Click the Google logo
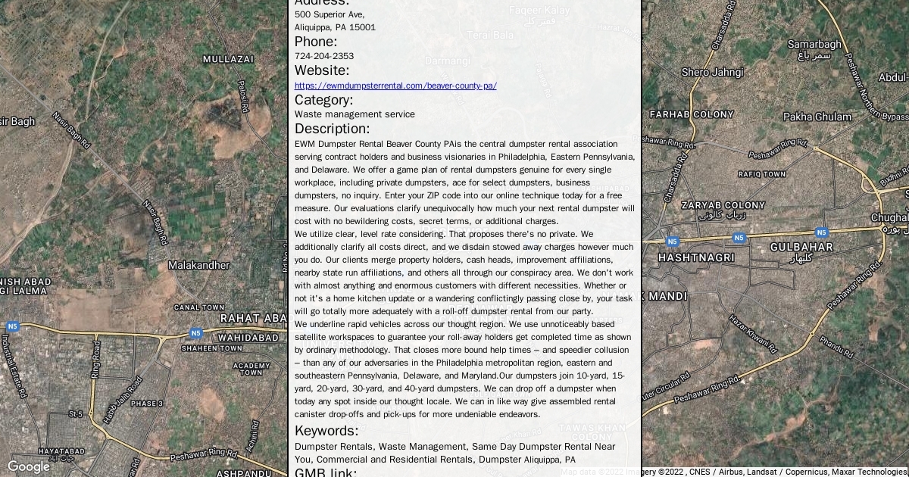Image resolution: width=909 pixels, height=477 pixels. [x=28, y=466]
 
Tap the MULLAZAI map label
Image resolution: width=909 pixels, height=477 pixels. [x=228, y=58]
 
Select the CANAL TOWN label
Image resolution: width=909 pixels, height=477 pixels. [x=198, y=307]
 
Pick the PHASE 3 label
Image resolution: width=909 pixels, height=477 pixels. [x=146, y=404]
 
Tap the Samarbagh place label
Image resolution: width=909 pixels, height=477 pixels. [x=814, y=45]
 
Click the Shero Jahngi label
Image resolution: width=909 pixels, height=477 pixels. [x=712, y=72]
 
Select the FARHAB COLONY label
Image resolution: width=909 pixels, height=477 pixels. [x=692, y=114]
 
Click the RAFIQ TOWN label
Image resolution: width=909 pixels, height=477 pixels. [x=761, y=174]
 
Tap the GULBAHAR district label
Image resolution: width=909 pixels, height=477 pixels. [x=801, y=247]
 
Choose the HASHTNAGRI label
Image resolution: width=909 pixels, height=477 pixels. [x=696, y=257]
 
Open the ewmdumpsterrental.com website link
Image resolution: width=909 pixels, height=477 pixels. [x=395, y=86]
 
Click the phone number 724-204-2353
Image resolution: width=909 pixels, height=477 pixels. [x=324, y=56]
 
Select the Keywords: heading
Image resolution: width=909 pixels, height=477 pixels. [x=326, y=431]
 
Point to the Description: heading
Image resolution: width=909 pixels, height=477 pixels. [x=332, y=129]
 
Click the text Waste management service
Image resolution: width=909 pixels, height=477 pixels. [x=355, y=114]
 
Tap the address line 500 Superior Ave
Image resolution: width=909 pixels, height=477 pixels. [x=330, y=14]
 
